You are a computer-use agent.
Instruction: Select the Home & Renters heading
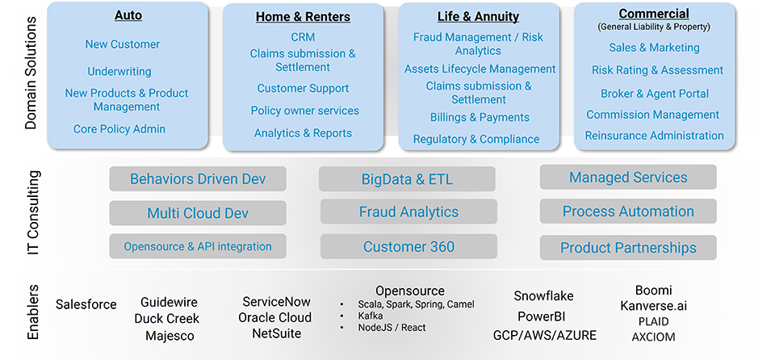[303, 16]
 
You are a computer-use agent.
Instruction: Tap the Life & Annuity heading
[479, 16]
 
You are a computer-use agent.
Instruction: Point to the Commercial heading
[654, 14]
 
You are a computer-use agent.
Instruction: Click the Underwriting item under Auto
[119, 71]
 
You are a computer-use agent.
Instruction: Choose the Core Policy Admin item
[119, 129]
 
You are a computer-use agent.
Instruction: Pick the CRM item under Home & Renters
[303, 37]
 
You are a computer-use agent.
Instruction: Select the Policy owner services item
[304, 111]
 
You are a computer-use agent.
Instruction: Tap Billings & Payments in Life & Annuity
[480, 118]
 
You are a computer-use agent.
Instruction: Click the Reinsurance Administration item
[654, 136]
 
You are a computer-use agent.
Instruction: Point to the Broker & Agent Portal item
[655, 93]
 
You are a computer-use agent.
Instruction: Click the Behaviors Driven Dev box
[198, 178]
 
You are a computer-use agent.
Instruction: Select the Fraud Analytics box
[408, 212]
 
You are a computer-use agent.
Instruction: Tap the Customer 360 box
[408, 247]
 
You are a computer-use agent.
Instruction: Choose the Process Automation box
[628, 211]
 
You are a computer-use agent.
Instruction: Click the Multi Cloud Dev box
[198, 213]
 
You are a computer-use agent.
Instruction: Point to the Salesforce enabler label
[86, 304]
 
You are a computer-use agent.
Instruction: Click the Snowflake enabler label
[543, 296]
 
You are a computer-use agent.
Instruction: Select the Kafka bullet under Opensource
[371, 316]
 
